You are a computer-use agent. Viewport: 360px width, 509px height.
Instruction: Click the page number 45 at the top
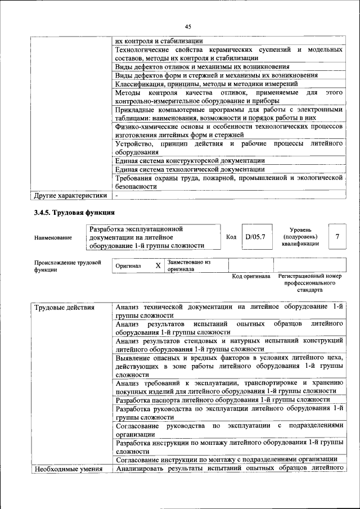(188, 26)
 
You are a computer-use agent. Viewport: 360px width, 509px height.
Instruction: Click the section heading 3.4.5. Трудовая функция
(75, 213)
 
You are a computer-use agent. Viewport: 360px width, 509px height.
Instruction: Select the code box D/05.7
(255, 237)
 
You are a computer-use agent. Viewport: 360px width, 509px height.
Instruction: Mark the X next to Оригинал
(158, 265)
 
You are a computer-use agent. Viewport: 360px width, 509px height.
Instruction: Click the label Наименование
(53, 238)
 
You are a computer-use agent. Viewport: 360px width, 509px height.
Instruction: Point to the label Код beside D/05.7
(231, 237)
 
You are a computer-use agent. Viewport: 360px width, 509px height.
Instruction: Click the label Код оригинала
(251, 277)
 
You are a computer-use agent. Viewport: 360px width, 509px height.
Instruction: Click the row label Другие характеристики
(70, 196)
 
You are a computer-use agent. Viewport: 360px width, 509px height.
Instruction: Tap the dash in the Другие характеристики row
(116, 196)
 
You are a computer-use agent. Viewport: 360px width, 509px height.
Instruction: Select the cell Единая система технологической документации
(190, 169)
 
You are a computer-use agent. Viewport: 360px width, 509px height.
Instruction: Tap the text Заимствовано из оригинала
(188, 265)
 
